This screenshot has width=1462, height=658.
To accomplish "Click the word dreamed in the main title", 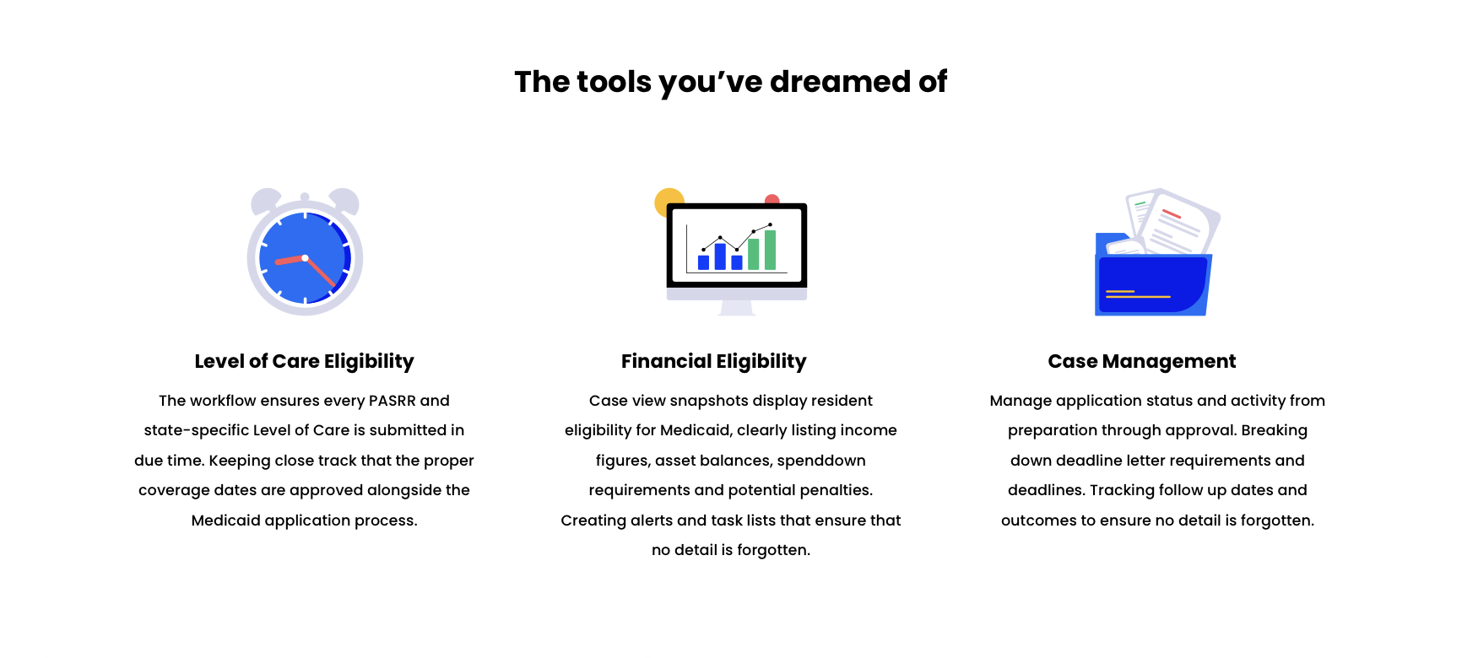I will (839, 82).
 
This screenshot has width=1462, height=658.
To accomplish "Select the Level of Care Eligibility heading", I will (304, 361).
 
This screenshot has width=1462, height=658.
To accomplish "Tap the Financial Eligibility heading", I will (714, 361).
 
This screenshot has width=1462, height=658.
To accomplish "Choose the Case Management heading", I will (1141, 361).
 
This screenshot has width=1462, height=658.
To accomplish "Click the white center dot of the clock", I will (305, 258).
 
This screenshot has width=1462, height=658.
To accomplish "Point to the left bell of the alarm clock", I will (265, 201).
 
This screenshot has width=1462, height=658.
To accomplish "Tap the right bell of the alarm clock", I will (345, 201).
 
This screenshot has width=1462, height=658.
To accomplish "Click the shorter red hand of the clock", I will (289, 261).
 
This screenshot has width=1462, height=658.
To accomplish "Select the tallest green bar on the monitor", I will (770, 250).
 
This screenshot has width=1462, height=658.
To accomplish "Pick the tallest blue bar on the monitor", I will (720, 256).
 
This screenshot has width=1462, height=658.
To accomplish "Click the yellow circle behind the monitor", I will (666, 201).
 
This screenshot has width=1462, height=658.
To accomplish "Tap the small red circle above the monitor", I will (772, 200).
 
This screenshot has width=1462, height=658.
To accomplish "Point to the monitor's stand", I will (737, 308).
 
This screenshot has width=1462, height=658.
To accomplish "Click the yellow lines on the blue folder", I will (1137, 294).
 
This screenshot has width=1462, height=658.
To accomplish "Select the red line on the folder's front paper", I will (1172, 214).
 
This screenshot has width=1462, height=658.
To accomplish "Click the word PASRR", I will (392, 401).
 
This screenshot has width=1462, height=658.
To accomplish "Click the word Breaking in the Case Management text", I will (1274, 430).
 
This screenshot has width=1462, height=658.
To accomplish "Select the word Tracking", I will (1122, 490).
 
